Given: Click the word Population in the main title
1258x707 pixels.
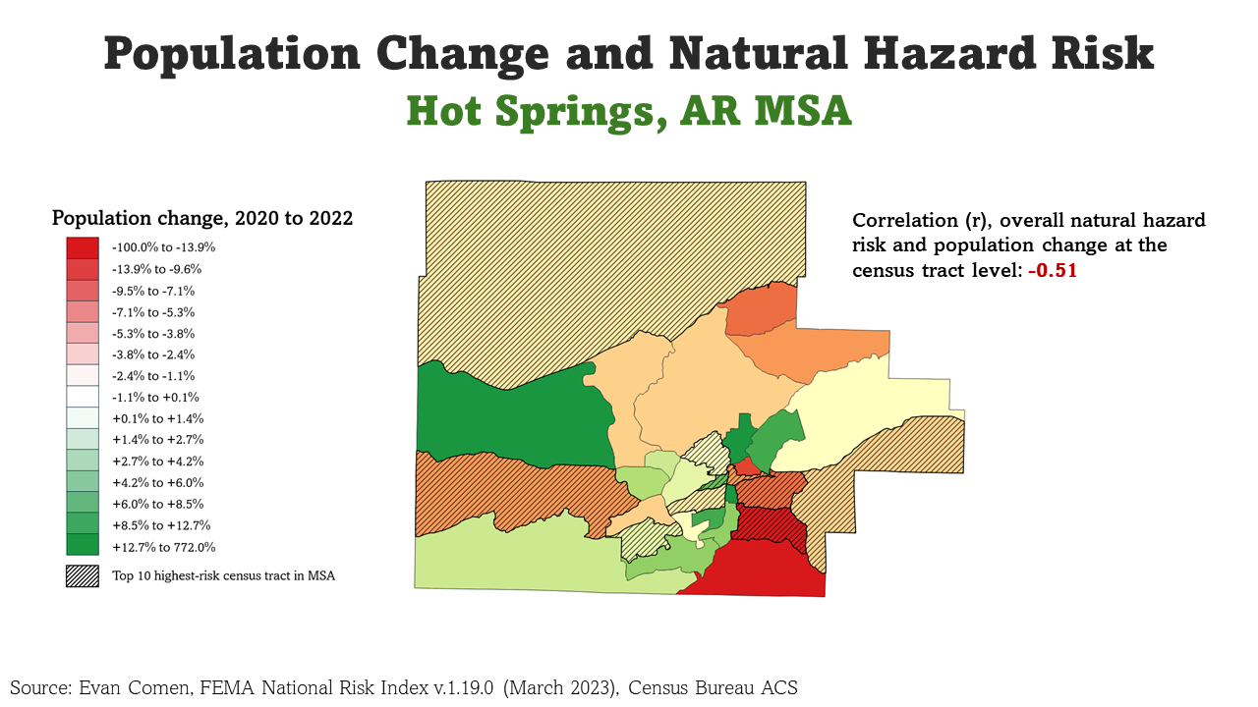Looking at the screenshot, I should pyautogui.click(x=231, y=54).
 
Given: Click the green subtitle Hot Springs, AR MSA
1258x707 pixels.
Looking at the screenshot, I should pyautogui.click(x=629, y=111).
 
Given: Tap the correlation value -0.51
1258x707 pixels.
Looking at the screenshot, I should pyautogui.click(x=1053, y=271).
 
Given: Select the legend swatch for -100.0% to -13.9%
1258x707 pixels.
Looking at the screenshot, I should pyautogui.click(x=83, y=247).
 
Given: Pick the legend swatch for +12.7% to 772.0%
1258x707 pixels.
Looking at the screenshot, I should pyautogui.click(x=83, y=547).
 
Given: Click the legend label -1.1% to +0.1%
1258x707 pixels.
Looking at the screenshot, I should pyautogui.click(x=155, y=398).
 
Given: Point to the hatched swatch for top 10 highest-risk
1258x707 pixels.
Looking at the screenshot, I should pyautogui.click(x=83, y=576).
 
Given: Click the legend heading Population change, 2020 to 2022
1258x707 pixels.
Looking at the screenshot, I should pyautogui.click(x=202, y=218).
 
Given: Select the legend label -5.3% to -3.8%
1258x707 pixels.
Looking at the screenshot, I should pyautogui.click(x=153, y=333).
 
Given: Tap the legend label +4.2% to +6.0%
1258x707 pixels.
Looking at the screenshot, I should pyautogui.click(x=158, y=483).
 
